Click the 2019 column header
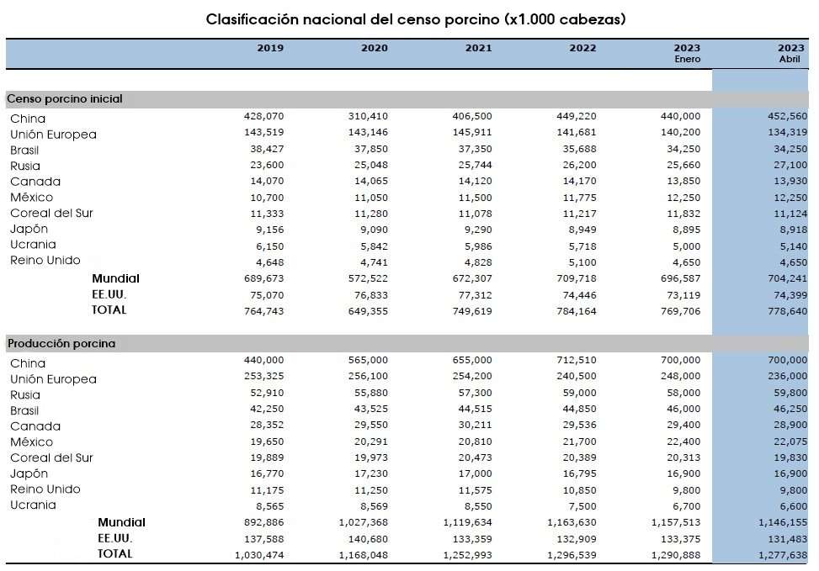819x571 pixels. tap(270, 48)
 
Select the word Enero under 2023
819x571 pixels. tap(687, 59)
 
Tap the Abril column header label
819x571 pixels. tap(790, 59)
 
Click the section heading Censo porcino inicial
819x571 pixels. tap(65, 98)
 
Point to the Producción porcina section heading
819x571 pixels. tap(61, 343)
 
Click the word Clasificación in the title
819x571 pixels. tap(253, 19)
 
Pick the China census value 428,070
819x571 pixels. tap(263, 116)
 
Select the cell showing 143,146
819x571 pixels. tap(368, 132)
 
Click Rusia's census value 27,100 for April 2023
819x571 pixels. tap(790, 165)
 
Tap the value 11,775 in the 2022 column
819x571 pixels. tap(579, 198)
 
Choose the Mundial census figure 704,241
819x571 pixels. tap(788, 278)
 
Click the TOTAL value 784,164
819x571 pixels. tap(576, 311)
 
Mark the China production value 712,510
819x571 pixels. tap(576, 360)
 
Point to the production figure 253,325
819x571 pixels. tap(263, 376)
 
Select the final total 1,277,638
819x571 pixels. tap(783, 555)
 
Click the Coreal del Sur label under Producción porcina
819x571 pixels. tap(51, 457)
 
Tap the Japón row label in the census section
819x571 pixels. tap(29, 229)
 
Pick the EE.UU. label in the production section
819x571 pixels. tap(115, 538)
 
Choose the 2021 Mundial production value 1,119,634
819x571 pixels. tap(467, 522)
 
